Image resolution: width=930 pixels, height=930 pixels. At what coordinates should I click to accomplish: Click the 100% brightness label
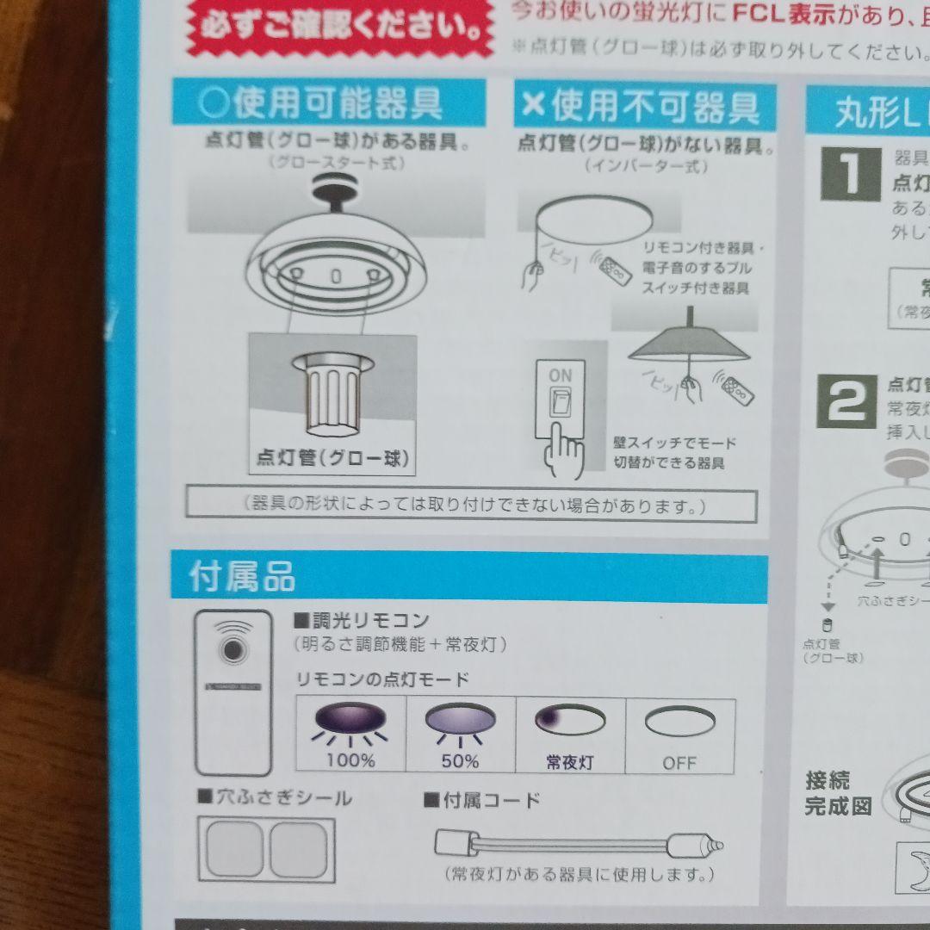(350, 760)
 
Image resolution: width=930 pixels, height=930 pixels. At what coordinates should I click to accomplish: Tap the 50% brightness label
(460, 760)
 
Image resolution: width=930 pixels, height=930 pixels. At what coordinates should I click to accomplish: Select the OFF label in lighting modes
(679, 763)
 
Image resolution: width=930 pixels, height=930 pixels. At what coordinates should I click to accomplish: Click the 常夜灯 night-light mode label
(570, 762)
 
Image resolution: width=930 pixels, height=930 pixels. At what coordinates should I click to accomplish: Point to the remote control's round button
(232, 649)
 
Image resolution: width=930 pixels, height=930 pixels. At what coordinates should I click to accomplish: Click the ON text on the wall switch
(560, 375)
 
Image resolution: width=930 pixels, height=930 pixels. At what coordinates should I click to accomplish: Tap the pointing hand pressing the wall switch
(565, 447)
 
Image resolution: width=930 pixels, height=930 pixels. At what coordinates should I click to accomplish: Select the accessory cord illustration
(578, 843)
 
